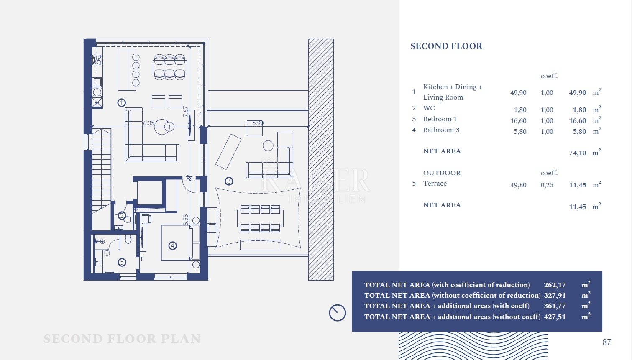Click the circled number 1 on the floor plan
pos(122,103)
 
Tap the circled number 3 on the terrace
pos(229,181)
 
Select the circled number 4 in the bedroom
pos(173,246)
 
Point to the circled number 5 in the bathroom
pos(122,263)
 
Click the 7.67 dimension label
pos(185,112)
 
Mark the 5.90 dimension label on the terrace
pos(258,123)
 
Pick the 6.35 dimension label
pos(148,123)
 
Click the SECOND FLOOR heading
pos(446,46)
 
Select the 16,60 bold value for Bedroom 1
pos(578,121)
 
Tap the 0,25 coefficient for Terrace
pos(547,185)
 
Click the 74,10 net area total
pos(578,153)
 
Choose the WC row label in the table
pos(429,108)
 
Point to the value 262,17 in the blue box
pos(555,285)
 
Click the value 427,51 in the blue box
pos(555,317)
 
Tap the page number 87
pos(606,342)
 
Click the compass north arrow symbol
pos(338,313)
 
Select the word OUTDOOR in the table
pos(442,173)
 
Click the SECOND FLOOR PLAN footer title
pos(122,339)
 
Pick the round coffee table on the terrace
pos(268,146)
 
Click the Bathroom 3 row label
pos(441,130)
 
